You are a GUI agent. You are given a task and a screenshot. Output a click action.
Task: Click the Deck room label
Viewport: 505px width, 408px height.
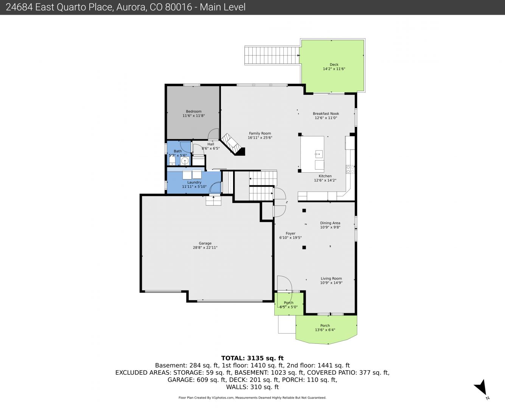point(334,64)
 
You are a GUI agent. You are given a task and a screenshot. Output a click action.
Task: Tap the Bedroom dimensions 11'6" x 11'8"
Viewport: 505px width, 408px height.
point(193,116)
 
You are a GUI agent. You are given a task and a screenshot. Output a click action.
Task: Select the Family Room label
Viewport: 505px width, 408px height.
point(260,133)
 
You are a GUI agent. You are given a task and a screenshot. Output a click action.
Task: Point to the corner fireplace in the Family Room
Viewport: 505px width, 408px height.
point(233,144)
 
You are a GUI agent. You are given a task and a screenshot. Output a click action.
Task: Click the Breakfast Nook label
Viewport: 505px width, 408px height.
point(326,114)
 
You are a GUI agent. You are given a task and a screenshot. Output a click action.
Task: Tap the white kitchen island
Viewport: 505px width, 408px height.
point(312,154)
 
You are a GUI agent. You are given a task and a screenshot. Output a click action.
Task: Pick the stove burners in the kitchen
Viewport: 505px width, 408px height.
point(350,169)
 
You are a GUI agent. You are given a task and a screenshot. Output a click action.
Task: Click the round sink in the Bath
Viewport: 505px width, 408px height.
point(185,161)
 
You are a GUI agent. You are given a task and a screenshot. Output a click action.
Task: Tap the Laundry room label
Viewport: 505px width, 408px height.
point(194,182)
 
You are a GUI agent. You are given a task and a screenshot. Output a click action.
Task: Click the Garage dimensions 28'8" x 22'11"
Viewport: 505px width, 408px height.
point(205,248)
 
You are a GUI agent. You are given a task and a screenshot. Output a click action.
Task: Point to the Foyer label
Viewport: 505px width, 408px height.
point(291,233)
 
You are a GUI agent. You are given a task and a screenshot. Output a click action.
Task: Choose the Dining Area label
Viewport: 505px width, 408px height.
point(330,223)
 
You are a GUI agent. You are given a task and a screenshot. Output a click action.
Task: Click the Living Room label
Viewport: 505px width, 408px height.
point(331,279)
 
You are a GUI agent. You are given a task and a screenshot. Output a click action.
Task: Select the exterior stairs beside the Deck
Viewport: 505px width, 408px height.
point(272,56)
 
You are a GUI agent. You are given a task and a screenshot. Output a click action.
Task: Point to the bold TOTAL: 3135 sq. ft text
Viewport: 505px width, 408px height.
point(252,358)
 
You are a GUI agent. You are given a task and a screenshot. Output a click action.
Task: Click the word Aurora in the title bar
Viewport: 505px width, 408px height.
point(131,7)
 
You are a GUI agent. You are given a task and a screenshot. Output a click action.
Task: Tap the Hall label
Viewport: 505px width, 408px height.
point(211,144)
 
